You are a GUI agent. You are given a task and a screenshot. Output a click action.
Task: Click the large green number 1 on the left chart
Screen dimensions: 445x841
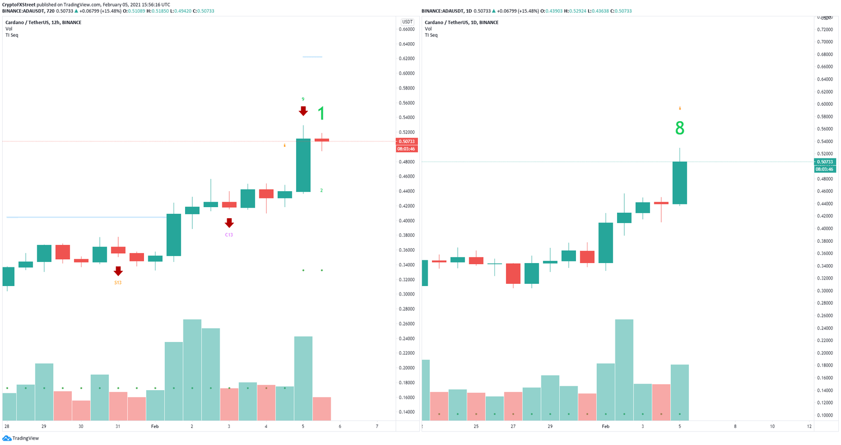click(x=321, y=114)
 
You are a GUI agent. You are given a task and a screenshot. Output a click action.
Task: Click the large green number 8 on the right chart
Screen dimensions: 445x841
click(x=679, y=128)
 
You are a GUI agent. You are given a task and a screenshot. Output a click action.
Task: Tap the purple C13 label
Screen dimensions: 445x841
click(x=229, y=235)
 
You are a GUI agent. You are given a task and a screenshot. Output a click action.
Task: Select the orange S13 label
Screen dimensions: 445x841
click(x=118, y=282)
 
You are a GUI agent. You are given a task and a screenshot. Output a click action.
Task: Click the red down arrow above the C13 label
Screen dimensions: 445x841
click(x=229, y=222)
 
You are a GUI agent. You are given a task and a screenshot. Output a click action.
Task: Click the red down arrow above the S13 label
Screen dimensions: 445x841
click(x=118, y=271)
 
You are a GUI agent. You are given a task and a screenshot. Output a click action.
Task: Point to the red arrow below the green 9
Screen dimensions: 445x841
click(x=303, y=111)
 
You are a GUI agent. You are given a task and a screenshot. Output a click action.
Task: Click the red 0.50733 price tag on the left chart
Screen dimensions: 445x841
click(x=406, y=141)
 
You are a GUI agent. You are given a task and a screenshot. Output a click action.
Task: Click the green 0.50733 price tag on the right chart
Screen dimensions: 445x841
click(x=825, y=162)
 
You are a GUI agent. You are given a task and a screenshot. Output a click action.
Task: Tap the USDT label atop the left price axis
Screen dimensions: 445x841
click(x=407, y=22)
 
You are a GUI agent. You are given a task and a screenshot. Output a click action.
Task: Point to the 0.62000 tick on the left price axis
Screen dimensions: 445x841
click(x=407, y=59)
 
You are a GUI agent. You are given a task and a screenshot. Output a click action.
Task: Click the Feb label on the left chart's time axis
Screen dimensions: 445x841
click(x=155, y=426)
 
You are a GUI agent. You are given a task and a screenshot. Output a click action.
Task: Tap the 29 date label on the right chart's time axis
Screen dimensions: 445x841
click(x=550, y=426)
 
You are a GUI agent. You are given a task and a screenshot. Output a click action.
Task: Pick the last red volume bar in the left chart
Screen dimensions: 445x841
click(x=321, y=409)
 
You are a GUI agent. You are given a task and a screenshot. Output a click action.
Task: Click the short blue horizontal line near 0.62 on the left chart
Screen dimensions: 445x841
click(x=312, y=57)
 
